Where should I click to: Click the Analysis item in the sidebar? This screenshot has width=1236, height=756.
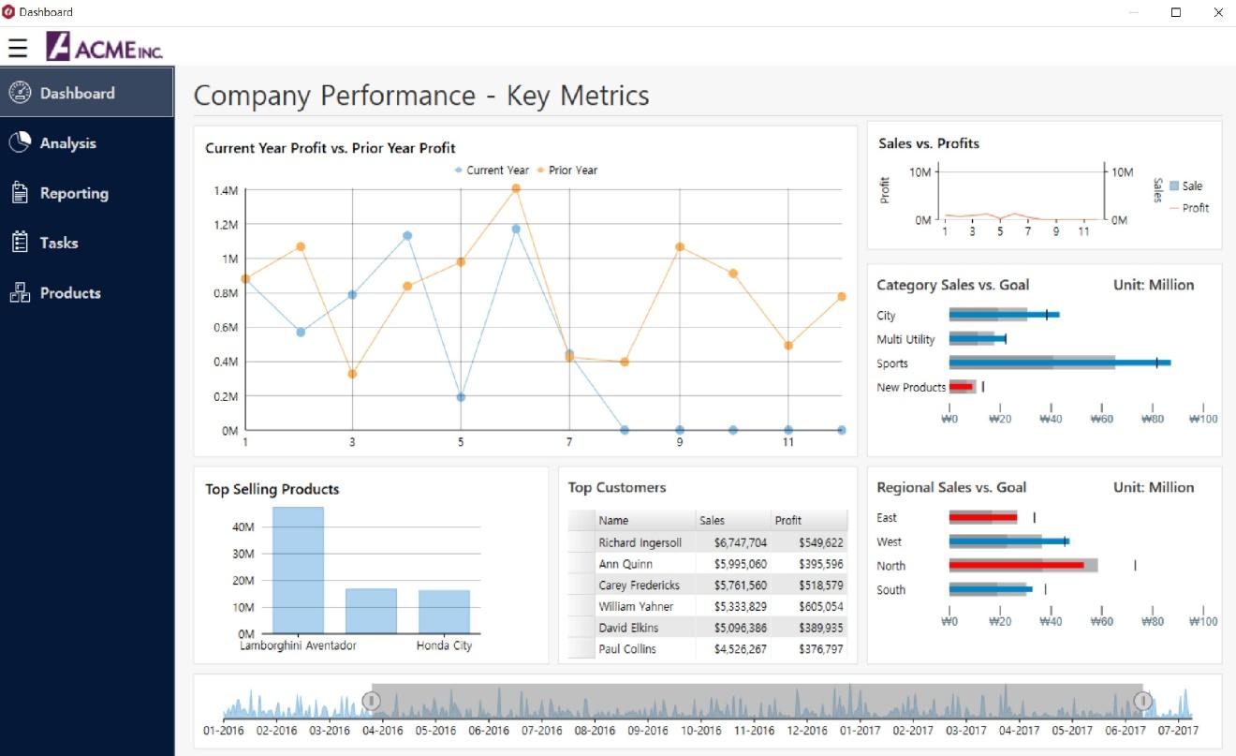tap(67, 143)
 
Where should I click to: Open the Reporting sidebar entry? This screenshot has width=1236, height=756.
tap(73, 193)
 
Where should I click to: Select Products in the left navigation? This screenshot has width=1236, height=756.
tap(69, 293)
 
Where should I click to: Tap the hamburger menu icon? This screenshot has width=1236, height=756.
tap(18, 47)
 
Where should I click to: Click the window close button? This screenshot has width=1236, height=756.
tap(1218, 12)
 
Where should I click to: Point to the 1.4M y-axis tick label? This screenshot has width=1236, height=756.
tap(227, 191)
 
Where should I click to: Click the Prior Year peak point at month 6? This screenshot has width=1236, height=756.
tap(516, 188)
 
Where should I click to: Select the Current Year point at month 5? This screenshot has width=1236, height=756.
tap(461, 397)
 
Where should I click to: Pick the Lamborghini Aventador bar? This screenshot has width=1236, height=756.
tap(298, 570)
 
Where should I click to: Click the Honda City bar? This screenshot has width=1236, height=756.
tap(444, 611)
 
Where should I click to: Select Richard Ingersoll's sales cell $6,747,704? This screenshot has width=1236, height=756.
tap(740, 542)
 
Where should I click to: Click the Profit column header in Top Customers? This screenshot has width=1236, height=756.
tap(787, 520)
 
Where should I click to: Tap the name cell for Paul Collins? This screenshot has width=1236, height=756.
tap(627, 649)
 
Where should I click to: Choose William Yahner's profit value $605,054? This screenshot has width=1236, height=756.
tap(820, 606)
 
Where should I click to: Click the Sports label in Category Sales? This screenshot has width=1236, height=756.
tap(892, 363)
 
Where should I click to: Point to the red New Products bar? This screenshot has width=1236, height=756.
tap(961, 387)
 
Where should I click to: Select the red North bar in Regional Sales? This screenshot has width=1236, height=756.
tap(1016, 566)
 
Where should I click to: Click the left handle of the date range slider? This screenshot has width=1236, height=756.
tap(372, 701)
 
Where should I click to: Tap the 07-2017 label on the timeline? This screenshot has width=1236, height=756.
tap(1178, 731)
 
